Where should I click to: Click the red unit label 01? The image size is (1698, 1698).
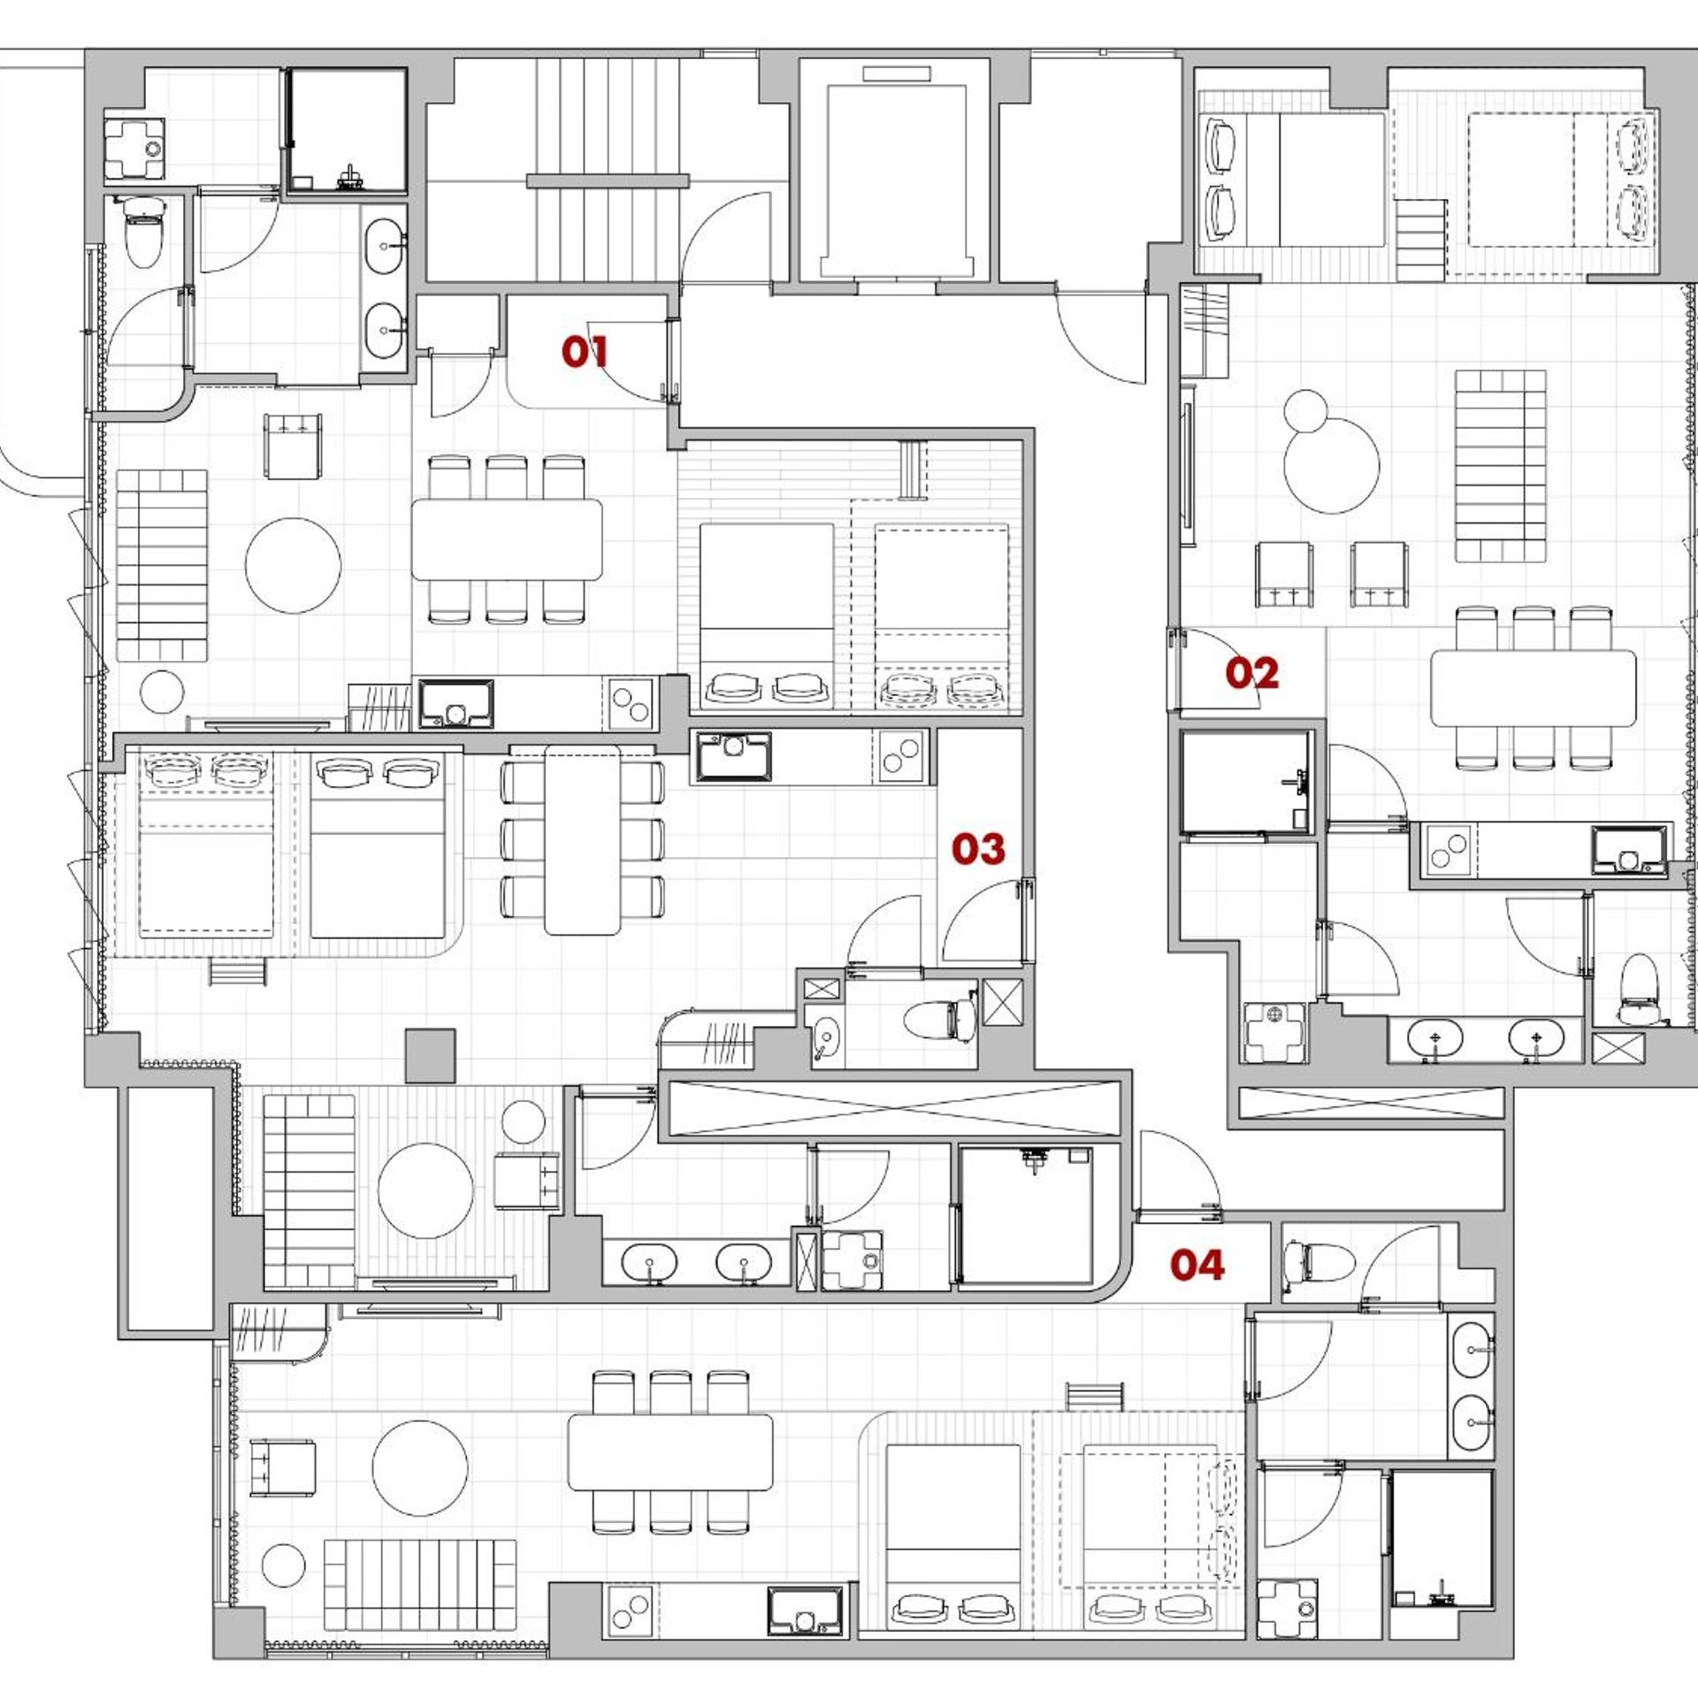pyautogui.click(x=585, y=352)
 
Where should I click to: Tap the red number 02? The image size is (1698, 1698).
pyautogui.click(x=1251, y=674)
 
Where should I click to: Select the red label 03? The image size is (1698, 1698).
pyautogui.click(x=978, y=849)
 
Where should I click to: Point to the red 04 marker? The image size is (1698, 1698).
pyautogui.click(x=1197, y=1266)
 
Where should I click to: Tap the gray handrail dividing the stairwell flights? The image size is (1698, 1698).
pyautogui.click(x=608, y=181)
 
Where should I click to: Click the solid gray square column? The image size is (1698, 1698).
pyautogui.click(x=431, y=1055)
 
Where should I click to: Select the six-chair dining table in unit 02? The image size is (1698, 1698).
pyautogui.click(x=1534, y=688)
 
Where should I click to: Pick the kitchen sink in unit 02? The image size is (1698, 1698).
pyautogui.click(x=1629, y=850)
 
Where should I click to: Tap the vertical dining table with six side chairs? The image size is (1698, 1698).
pyautogui.click(x=582, y=839)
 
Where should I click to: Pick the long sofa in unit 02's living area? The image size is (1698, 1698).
pyautogui.click(x=1501, y=466)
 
